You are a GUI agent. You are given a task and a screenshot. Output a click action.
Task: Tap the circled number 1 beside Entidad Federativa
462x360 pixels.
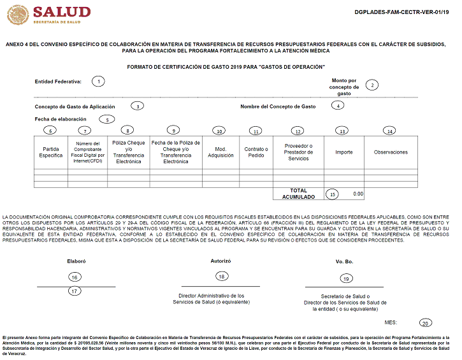pyautogui.click(x=98, y=81)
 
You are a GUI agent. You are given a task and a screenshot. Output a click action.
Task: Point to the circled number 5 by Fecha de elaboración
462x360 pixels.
pyautogui.click(x=107, y=119)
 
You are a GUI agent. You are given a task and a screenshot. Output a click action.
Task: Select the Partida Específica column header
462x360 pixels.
pyautogui.click(x=51, y=152)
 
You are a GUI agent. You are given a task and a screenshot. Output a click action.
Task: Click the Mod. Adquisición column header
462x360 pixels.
pyautogui.click(x=220, y=152)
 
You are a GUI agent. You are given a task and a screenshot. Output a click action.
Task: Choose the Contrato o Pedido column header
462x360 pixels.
pyautogui.click(x=256, y=152)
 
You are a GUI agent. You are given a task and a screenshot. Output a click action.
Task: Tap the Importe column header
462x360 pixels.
pyautogui.click(x=344, y=152)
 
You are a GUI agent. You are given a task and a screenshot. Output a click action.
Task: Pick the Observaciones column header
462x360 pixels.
pyautogui.click(x=391, y=152)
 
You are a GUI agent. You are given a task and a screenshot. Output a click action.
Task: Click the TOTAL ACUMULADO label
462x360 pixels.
pyautogui.click(x=298, y=193)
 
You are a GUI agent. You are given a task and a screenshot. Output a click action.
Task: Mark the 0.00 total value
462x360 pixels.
pyautogui.click(x=357, y=193)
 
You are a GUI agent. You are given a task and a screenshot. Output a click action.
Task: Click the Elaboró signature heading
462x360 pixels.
pyautogui.click(x=76, y=261)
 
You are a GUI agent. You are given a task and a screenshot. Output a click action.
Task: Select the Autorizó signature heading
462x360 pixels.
pyautogui.click(x=220, y=261)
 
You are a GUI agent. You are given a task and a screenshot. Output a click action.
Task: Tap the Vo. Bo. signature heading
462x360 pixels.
pyautogui.click(x=344, y=261)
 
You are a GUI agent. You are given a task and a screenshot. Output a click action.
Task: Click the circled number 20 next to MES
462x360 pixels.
pyautogui.click(x=426, y=322)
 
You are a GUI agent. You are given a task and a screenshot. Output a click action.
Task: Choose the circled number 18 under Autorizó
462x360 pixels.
pyautogui.click(x=221, y=276)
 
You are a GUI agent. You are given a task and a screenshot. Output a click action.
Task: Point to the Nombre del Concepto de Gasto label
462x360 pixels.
pyautogui.click(x=278, y=106)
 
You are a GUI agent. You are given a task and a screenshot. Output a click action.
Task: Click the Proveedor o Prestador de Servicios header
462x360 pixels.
pyautogui.click(x=298, y=152)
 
